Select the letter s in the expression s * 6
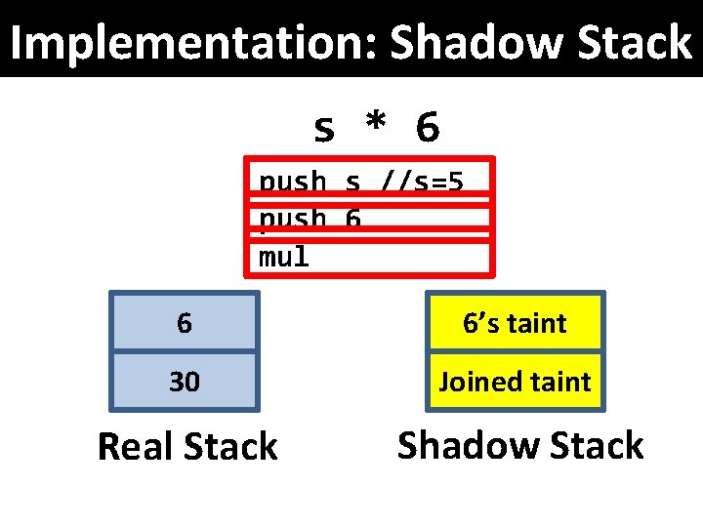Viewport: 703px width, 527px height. [324, 127]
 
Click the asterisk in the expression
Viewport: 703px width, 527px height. [375, 125]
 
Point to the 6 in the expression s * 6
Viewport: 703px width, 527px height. [427, 126]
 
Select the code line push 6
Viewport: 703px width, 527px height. [310, 221]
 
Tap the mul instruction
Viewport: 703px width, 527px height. [284, 257]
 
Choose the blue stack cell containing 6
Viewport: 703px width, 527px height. [185, 322]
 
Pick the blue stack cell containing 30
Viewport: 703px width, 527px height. [185, 381]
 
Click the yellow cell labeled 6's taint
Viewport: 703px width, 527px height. [515, 322]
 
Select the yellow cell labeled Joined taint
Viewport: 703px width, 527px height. [515, 381]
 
